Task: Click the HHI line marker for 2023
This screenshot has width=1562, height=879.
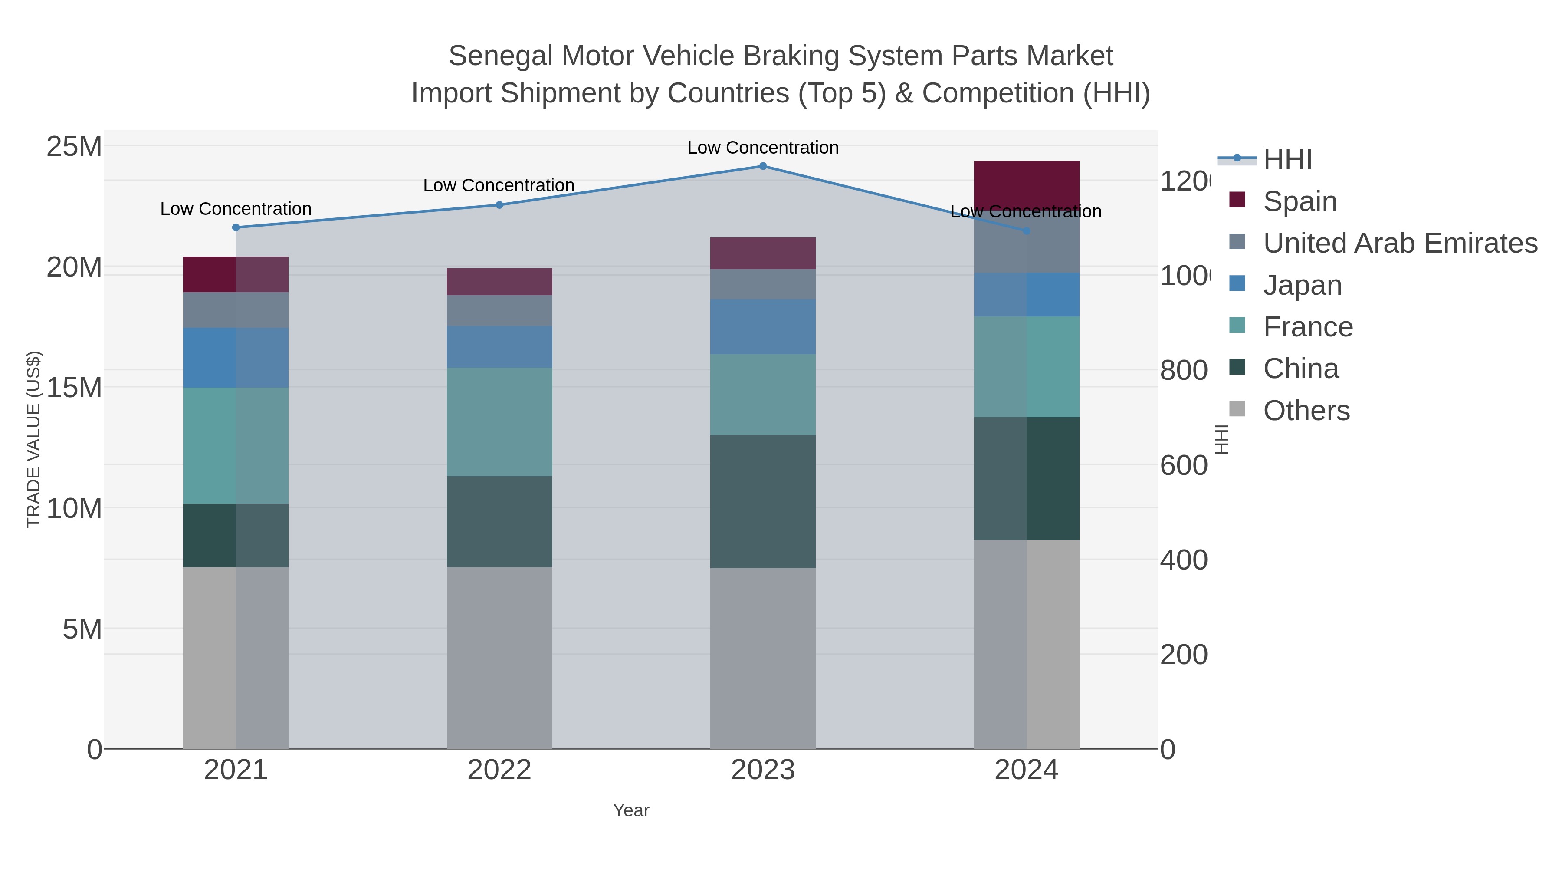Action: click(x=763, y=166)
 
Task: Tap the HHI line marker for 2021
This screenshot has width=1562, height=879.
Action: click(x=236, y=227)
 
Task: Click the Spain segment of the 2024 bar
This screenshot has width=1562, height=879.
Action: click(x=1026, y=182)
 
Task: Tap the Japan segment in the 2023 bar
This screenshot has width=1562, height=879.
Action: click(x=763, y=326)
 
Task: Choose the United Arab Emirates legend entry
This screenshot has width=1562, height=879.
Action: click(x=1399, y=243)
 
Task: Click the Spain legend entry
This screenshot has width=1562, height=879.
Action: click(x=1299, y=201)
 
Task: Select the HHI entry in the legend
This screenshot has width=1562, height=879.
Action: click(x=1287, y=160)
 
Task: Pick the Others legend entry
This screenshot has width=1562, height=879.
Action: click(x=1306, y=411)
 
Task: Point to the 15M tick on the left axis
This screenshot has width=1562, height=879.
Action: click(x=74, y=388)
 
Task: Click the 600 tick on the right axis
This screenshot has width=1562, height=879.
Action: click(x=1183, y=466)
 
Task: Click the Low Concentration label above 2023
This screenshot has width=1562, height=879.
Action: click(x=763, y=148)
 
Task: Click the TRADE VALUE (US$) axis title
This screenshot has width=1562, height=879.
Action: click(x=34, y=439)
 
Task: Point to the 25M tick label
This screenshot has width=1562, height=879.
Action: click(x=74, y=146)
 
